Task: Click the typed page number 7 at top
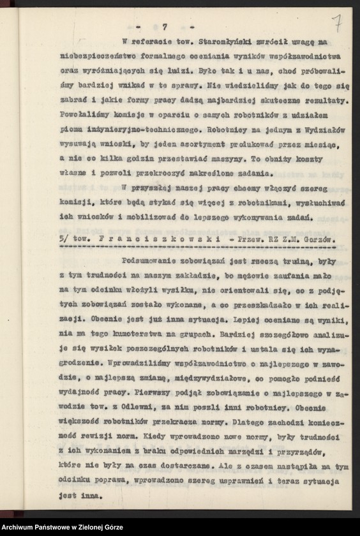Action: point(164,26)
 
